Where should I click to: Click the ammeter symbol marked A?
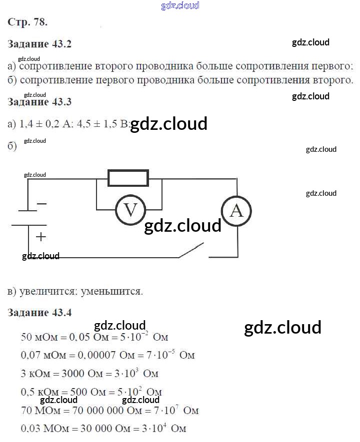[236, 211]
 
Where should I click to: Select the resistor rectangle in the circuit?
[128, 178]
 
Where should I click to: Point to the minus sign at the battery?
[41, 204]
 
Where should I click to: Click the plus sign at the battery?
[40, 237]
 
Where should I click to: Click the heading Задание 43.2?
[40, 44]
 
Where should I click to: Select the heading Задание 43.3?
[40, 102]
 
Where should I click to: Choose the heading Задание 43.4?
[40, 313]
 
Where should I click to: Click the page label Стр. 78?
[28, 22]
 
